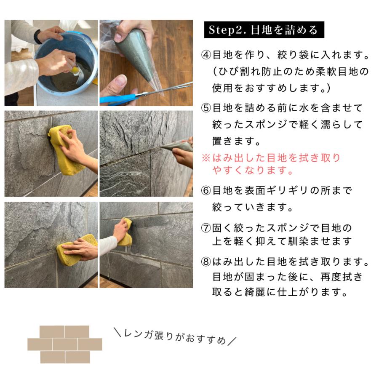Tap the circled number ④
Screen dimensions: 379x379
[206, 55]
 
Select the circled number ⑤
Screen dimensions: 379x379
[206, 108]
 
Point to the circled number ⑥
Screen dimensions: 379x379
[206, 191]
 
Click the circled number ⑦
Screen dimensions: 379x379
[206, 229]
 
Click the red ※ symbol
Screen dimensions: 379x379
[206, 158]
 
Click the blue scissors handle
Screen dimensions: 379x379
[116, 99]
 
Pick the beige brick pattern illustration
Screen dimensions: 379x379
[65, 344]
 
